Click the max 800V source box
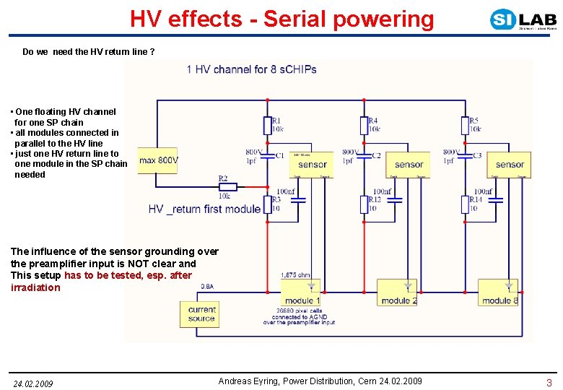pos(158,160)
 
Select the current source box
pos(201,313)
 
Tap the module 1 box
pos(300,292)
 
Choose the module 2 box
pos(398,292)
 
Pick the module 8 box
pos(499,292)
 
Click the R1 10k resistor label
pos(276,125)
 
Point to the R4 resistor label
pos(373,125)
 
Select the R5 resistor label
pos(474,125)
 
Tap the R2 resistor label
pos(224,178)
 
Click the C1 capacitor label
pos(279,155)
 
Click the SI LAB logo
pos(523,19)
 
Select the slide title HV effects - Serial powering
pos(282,19)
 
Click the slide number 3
pos(549,383)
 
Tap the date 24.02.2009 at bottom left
pos(33,383)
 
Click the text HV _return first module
pos(204,209)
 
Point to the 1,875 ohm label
pos(295,275)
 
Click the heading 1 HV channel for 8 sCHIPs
pos(251,69)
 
